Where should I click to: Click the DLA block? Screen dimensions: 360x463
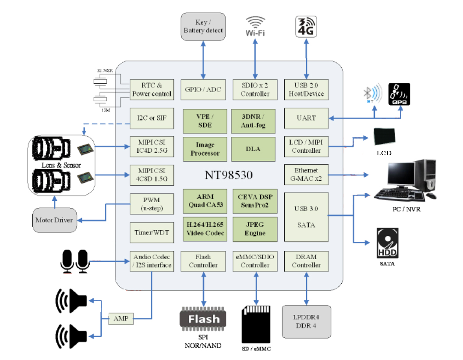click(x=253, y=149)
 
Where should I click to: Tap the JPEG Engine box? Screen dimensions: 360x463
click(x=254, y=228)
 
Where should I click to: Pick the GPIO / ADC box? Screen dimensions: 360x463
click(x=203, y=89)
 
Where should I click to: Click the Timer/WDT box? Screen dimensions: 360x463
click(x=152, y=233)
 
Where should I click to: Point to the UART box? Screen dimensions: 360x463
click(x=306, y=118)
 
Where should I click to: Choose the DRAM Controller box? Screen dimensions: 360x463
click(x=306, y=261)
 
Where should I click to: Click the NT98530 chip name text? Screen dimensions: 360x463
click(x=229, y=175)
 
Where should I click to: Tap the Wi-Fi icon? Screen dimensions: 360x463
click(x=255, y=26)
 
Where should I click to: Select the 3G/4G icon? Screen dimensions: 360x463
click(x=306, y=26)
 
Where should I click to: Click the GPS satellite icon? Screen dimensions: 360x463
click(x=399, y=94)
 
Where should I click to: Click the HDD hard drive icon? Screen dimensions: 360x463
click(x=387, y=243)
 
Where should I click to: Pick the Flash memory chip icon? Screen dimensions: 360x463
click(x=203, y=318)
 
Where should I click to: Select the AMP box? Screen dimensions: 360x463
click(x=121, y=319)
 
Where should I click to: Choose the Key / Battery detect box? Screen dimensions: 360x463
click(x=203, y=27)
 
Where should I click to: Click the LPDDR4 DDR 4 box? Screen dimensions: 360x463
click(x=306, y=322)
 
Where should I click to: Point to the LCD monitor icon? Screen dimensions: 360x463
click(x=384, y=137)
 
